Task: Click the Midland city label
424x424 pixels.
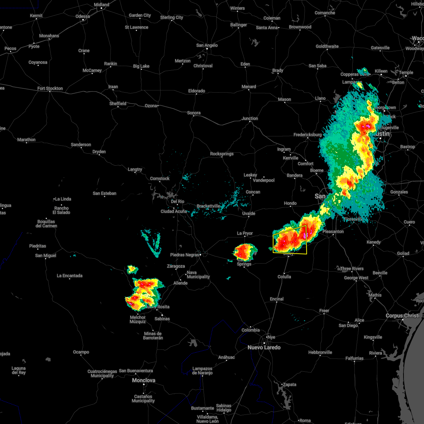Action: (x=101, y=5)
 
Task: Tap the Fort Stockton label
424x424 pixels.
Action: (x=50, y=88)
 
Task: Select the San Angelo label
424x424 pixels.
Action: (x=207, y=45)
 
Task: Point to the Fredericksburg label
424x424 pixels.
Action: (x=307, y=135)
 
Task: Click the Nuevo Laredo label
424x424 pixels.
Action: (x=264, y=347)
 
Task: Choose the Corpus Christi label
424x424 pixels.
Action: (x=402, y=316)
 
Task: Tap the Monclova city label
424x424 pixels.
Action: (x=143, y=380)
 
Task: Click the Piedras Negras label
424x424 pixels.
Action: (x=185, y=255)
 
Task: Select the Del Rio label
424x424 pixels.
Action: (x=177, y=201)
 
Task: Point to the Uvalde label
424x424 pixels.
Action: (x=249, y=213)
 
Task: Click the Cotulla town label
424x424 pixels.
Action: (x=284, y=277)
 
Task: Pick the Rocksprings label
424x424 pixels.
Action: (x=222, y=154)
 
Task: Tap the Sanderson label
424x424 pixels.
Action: (x=81, y=145)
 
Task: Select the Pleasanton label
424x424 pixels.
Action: (x=333, y=231)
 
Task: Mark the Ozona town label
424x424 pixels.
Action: (x=151, y=106)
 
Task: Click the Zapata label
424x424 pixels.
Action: (x=289, y=384)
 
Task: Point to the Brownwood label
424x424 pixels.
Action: (x=300, y=27)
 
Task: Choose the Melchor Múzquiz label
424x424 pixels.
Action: (x=137, y=319)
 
